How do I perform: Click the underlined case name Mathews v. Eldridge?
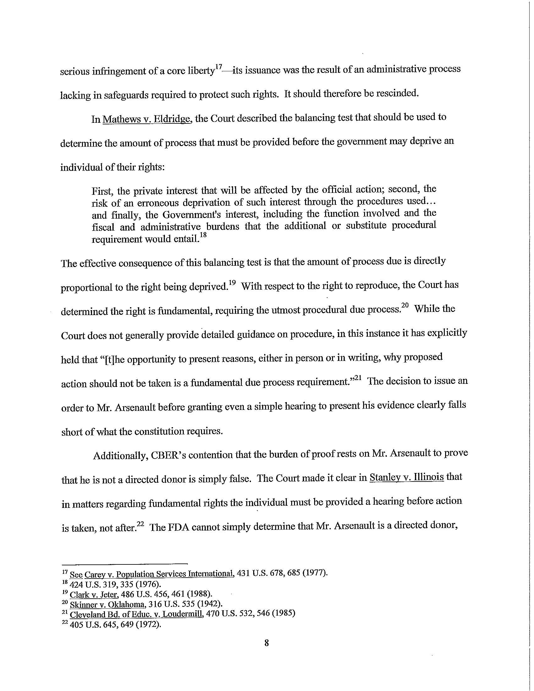coord(147,119)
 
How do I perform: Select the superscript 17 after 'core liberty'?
coord(219,67)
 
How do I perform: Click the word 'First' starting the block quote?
coord(102,191)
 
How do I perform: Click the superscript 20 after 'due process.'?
coord(405,306)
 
